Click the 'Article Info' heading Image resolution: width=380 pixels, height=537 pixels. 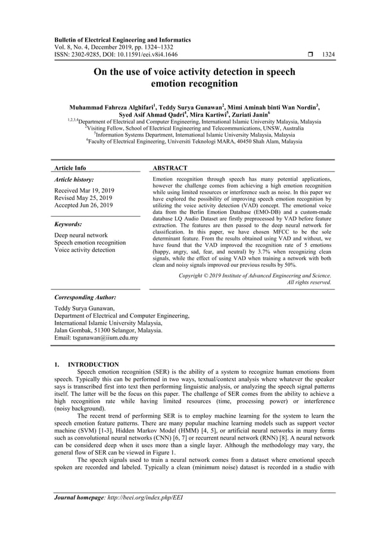click(70, 168)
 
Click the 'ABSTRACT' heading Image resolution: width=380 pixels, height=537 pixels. click(170, 168)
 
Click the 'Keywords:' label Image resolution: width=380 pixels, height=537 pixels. click(68, 224)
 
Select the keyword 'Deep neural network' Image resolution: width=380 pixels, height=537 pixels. click(81, 235)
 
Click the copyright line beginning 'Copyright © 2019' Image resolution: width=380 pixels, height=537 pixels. click(255, 276)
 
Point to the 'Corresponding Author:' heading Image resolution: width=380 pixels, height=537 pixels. click(85, 296)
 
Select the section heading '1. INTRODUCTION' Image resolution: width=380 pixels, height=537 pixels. click(86, 364)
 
